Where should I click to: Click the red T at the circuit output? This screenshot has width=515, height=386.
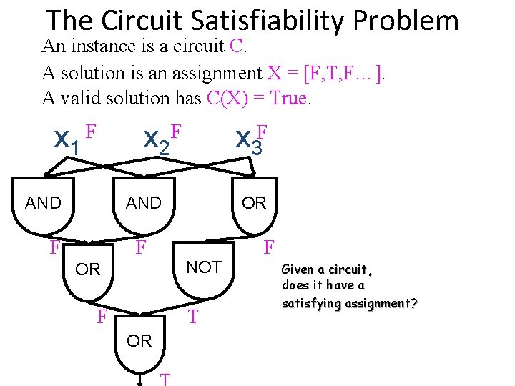(165, 379)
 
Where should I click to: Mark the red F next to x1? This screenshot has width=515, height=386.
(91, 130)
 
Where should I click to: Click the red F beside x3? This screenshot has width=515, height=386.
(263, 131)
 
